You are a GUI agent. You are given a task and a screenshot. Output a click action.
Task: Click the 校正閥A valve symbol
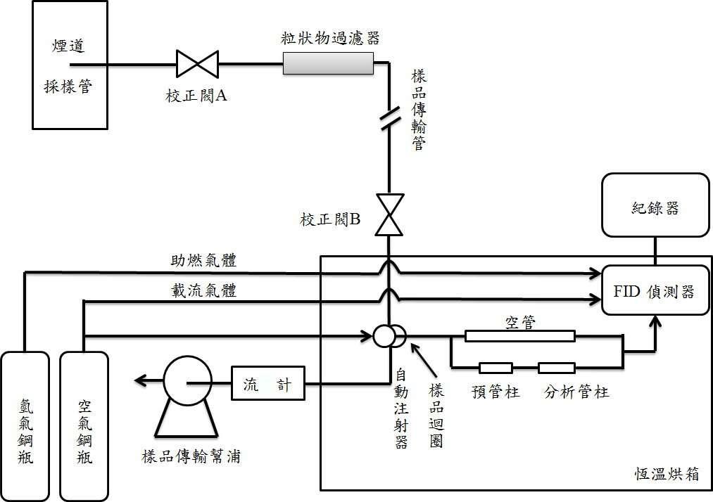click(x=197, y=64)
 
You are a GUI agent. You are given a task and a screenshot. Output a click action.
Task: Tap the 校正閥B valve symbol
click(x=388, y=215)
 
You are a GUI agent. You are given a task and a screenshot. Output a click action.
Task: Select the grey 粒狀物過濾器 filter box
click(x=327, y=64)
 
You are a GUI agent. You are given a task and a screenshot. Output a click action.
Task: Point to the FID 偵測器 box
click(x=655, y=290)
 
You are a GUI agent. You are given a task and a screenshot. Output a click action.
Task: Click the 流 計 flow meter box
click(x=268, y=384)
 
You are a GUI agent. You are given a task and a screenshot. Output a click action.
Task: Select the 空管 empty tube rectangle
click(x=519, y=336)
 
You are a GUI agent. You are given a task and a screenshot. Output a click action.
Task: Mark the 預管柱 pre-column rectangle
click(x=496, y=368)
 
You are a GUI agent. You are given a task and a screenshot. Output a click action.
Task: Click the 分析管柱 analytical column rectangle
click(x=557, y=368)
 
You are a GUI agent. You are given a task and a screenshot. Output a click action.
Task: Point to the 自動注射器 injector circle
click(x=384, y=335)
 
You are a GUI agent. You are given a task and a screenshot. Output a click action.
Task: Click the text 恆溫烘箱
click(x=665, y=473)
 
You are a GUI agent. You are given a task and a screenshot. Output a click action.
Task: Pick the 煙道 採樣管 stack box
click(x=70, y=65)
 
